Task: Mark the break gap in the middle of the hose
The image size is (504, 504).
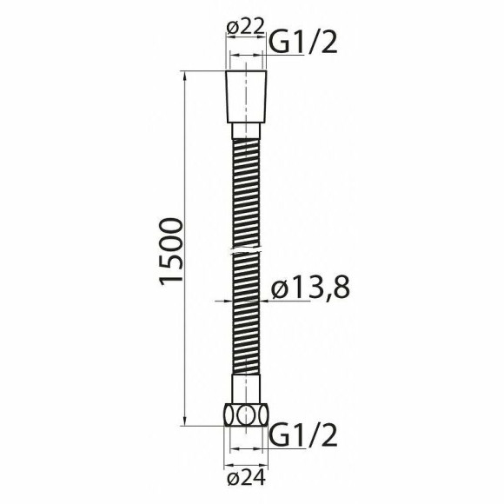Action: coord(246,249)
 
